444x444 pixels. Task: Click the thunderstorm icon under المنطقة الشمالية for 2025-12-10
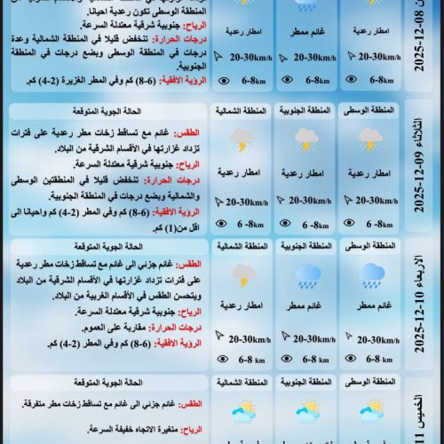(x=242, y=274)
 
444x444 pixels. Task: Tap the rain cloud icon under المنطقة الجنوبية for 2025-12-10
(x=306, y=274)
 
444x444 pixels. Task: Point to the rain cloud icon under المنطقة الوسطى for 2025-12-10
(x=372, y=274)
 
